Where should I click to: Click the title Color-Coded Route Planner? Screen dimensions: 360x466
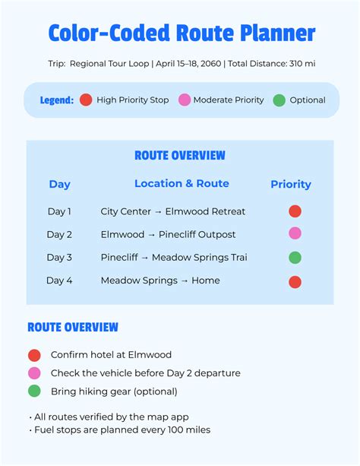click(181, 33)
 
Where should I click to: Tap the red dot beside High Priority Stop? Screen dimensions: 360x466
click(86, 100)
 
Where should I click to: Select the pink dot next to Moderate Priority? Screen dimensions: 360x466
click(184, 100)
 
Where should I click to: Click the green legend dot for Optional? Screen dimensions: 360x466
click(279, 100)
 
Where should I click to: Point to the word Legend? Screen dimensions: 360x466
click(57, 100)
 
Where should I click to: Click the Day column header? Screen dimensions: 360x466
click(59, 184)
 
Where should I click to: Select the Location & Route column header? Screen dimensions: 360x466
click(182, 183)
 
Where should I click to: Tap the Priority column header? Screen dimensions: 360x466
click(291, 184)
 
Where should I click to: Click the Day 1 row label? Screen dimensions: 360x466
click(59, 211)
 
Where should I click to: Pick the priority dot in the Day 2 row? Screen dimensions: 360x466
click(295, 234)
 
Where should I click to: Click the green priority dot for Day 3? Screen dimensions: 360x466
click(295, 258)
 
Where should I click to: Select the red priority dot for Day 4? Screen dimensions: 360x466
click(295, 281)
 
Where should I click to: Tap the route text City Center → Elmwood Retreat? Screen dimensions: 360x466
click(173, 211)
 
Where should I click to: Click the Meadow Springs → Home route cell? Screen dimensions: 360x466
click(160, 281)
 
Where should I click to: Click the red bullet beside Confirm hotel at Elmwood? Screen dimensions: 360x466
click(34, 355)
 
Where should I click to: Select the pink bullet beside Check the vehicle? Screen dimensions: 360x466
click(34, 373)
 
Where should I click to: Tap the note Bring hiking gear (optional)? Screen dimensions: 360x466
click(114, 392)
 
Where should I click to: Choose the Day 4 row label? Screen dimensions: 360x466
click(59, 281)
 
